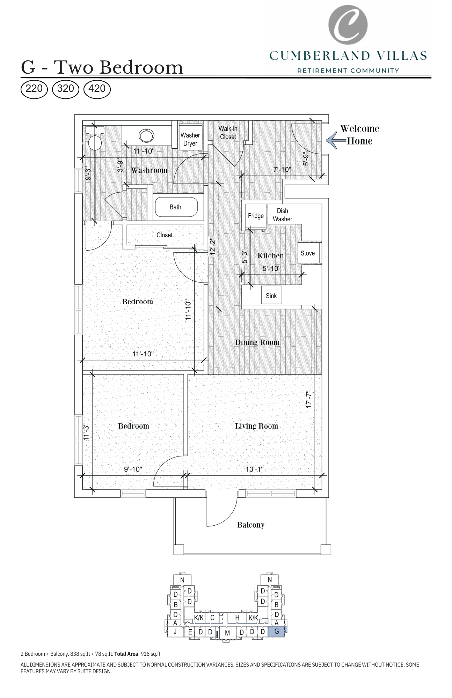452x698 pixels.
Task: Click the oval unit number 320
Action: coord(65,89)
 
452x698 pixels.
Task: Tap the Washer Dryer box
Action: coord(190,139)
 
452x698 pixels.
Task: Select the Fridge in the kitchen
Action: coord(256,216)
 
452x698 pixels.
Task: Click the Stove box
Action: coord(308,253)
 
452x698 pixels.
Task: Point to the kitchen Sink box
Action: coord(271,296)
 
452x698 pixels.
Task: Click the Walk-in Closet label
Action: coord(228,133)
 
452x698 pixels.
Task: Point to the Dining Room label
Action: coord(257,342)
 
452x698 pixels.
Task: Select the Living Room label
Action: coord(256,426)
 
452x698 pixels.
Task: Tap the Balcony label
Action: coord(251,525)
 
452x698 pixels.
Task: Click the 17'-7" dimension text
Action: coord(308,399)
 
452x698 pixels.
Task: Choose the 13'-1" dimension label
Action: coord(254,469)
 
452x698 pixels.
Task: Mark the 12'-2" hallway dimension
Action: coord(213,246)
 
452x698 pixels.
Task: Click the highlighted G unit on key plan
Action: coord(277,631)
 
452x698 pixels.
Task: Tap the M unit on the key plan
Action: coord(227,633)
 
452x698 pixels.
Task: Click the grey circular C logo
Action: coord(348,24)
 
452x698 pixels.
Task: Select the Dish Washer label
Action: coord(282,215)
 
